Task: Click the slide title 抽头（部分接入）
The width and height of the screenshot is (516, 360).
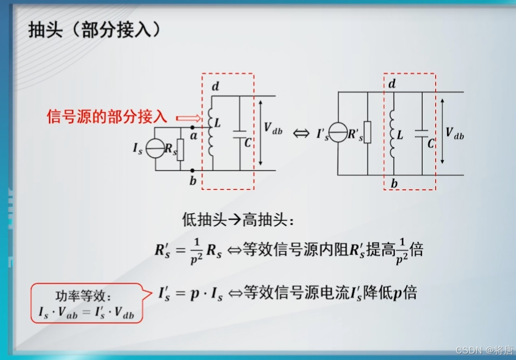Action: tap(95, 30)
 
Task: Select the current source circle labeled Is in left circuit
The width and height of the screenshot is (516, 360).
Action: tap(155, 150)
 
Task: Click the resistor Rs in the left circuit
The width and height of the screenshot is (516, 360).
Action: tap(181, 150)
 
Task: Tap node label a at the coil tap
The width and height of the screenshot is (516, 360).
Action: tap(193, 136)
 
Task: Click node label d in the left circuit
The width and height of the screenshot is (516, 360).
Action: tap(215, 85)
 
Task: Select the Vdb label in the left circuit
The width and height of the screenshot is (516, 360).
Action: tap(273, 128)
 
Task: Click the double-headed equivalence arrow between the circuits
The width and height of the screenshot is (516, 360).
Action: tap(301, 134)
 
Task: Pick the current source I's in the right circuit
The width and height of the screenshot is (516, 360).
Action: tap(338, 132)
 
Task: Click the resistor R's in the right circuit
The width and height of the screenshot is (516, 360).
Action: tap(368, 132)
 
